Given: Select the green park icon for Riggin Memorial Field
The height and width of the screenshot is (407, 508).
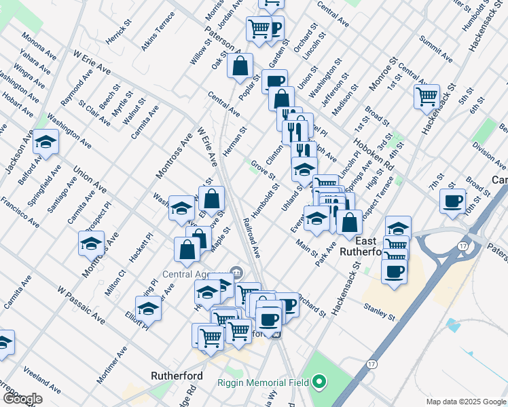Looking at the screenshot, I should tap(319, 383).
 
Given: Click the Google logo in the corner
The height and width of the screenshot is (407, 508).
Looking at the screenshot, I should tap(22, 399).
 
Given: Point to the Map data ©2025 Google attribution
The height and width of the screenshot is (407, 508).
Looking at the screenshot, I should tap(465, 402).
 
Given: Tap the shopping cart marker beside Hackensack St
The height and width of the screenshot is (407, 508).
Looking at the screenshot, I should tap(427, 97).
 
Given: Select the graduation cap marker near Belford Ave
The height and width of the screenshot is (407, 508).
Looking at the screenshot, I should tap(46, 142).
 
